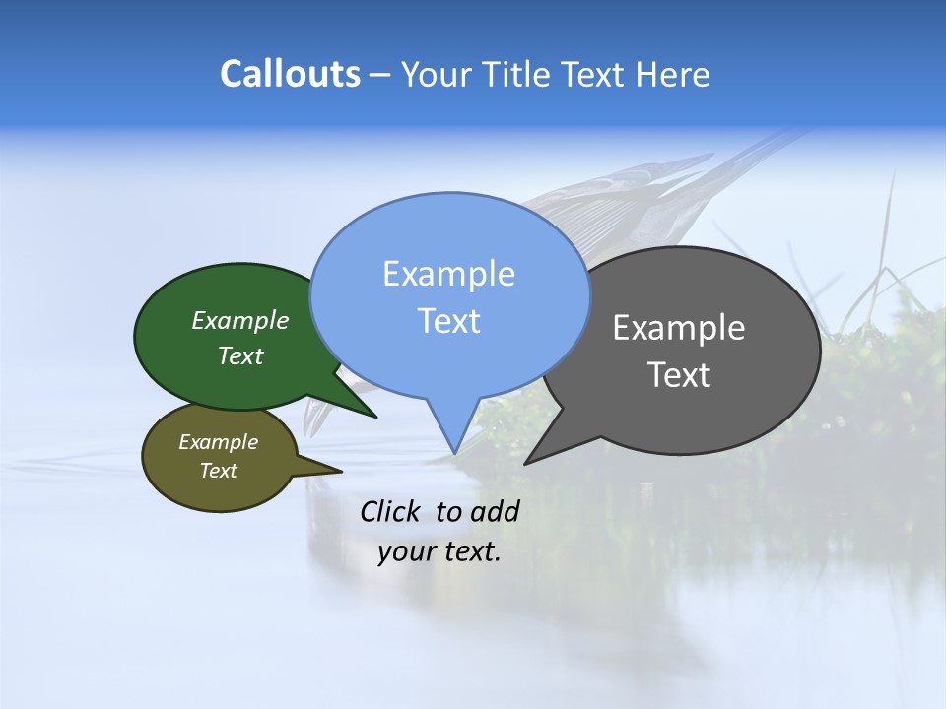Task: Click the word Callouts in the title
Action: coord(290,74)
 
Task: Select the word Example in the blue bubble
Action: coord(448,274)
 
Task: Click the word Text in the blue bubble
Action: coord(448,321)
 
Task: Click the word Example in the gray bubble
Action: coord(679,328)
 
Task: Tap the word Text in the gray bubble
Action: coord(679,375)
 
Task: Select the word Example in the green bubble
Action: coord(240,320)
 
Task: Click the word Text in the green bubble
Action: coord(240,355)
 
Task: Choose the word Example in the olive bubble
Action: coord(218,442)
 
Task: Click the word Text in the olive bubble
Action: coord(218,471)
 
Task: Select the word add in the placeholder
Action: coord(495,511)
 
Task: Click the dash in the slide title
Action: coord(380,75)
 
